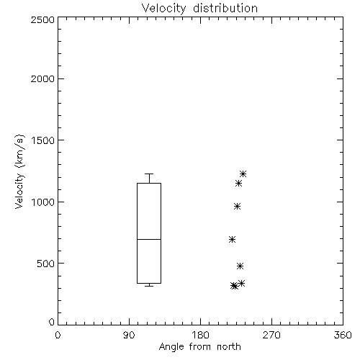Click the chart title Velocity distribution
pyautogui.click(x=199, y=8)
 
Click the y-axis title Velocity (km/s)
pyautogui.click(x=19, y=171)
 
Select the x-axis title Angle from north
pyautogui.click(x=199, y=347)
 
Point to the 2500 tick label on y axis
pyautogui.click(x=43, y=19)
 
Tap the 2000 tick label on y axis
pyautogui.click(x=43, y=78)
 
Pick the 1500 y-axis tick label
pyautogui.click(x=43, y=140)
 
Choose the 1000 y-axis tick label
pyautogui.click(x=43, y=202)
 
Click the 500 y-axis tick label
pyautogui.click(x=46, y=264)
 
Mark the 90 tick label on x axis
pyautogui.click(x=129, y=335)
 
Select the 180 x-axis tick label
pyautogui.click(x=200, y=335)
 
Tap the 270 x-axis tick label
pyautogui.click(x=271, y=335)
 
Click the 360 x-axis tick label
pyautogui.click(x=343, y=335)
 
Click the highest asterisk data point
pyautogui.click(x=243, y=174)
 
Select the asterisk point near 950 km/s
pyautogui.click(x=237, y=207)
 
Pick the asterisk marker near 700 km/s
pyautogui.click(x=232, y=239)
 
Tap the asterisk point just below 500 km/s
pyautogui.click(x=240, y=266)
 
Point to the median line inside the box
pyautogui.click(x=149, y=239)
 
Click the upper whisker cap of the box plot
pyautogui.click(x=149, y=174)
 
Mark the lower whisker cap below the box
pyautogui.click(x=149, y=286)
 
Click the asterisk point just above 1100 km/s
pyautogui.click(x=238, y=184)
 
